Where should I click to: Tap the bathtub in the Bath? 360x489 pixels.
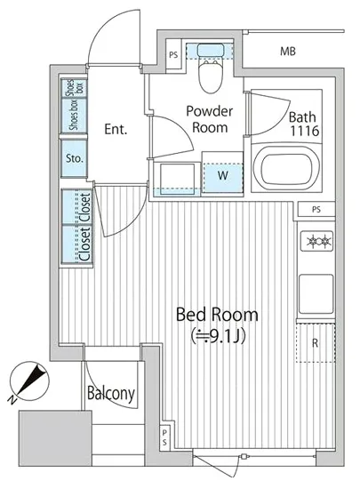(286, 167)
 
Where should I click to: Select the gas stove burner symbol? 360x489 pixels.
(316, 240)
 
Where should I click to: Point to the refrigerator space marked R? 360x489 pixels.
(316, 343)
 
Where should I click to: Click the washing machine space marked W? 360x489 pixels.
(222, 175)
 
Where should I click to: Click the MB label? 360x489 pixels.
(288, 52)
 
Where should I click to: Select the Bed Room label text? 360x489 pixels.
(217, 315)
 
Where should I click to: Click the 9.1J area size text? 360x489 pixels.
(219, 335)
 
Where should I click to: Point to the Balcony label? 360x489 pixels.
(111, 394)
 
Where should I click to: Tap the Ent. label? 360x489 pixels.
(116, 129)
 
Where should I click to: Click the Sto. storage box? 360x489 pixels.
(74, 158)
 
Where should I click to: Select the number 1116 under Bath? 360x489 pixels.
(305, 131)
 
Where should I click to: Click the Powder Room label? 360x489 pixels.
(210, 119)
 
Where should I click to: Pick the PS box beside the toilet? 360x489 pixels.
(173, 55)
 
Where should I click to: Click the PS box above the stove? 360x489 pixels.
(316, 210)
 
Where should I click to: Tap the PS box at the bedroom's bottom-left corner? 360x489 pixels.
(164, 437)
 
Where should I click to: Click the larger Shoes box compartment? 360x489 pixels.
(74, 116)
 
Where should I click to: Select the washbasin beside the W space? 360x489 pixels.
(177, 179)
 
